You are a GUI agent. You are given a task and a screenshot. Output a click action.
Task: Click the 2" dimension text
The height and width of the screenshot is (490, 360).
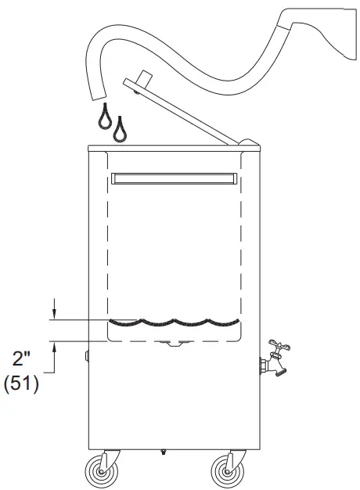tap(20, 358)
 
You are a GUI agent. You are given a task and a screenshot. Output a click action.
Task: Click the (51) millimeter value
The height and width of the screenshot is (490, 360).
tap(21, 384)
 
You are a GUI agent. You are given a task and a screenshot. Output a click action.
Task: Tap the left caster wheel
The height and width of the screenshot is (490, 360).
tap(102, 470)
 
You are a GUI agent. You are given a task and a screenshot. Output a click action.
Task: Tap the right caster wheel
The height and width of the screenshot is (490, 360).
tap(228, 470)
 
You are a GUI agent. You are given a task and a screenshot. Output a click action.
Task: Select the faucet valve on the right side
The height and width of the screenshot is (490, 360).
tap(275, 358)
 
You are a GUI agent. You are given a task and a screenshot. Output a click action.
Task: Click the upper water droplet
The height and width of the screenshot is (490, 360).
tap(105, 117)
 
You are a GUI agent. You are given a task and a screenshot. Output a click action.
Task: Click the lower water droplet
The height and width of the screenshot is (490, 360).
tap(120, 130)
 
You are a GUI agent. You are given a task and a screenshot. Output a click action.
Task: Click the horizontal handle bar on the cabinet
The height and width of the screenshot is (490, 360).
tap(175, 178)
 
